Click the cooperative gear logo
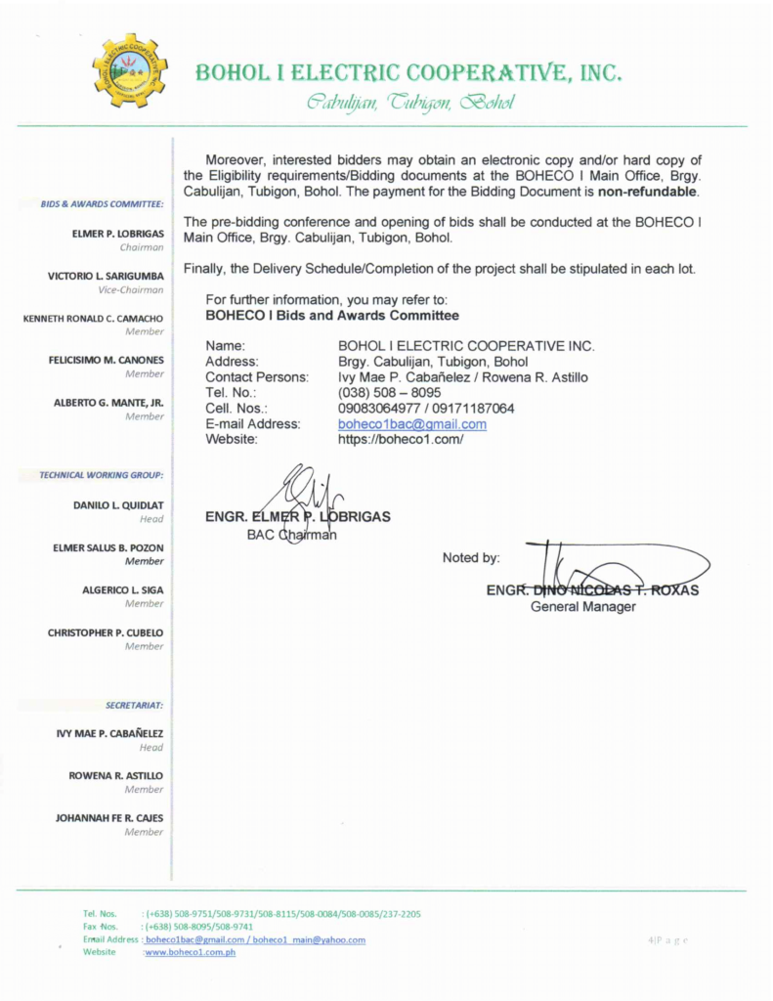130,69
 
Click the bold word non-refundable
648,192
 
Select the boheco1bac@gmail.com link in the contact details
411,424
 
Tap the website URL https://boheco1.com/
400,440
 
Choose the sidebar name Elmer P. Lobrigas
117,234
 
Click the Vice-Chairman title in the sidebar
131,290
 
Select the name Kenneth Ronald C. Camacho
93,319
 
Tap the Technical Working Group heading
102,475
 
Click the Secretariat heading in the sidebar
134,704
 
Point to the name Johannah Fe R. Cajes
109,818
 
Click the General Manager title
582,607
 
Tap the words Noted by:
471,558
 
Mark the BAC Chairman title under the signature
291,535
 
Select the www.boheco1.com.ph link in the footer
191,952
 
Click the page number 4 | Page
667,940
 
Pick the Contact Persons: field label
257,377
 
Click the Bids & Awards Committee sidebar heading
102,204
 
